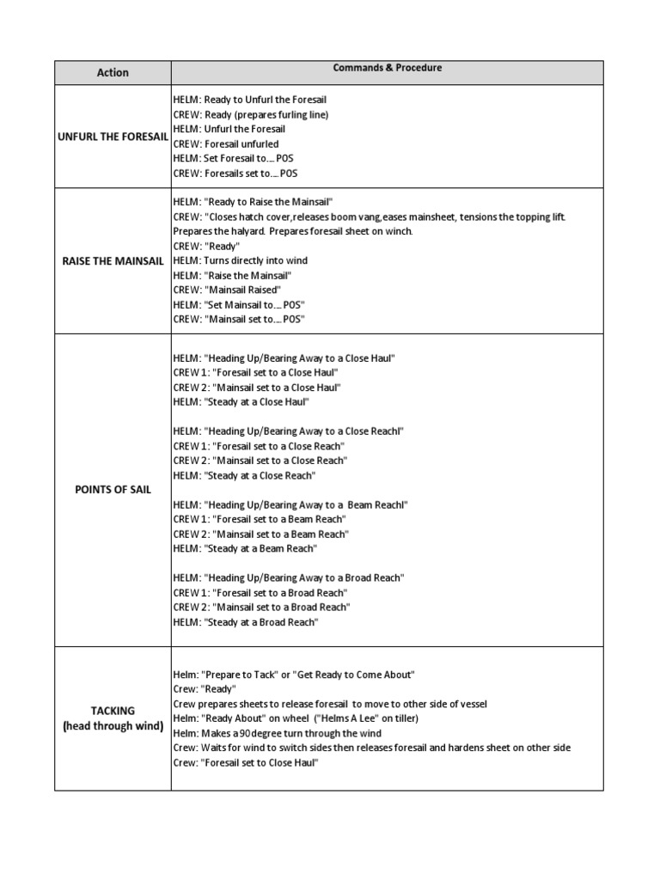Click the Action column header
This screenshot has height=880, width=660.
coord(113,73)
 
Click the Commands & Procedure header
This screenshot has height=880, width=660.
coord(388,68)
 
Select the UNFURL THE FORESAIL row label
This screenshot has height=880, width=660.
coord(113,137)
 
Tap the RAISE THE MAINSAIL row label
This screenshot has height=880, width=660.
coord(113,260)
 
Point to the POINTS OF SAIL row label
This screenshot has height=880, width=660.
coord(113,490)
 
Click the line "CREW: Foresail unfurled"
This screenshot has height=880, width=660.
coord(226,144)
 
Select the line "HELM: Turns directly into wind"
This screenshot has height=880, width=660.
coord(240,260)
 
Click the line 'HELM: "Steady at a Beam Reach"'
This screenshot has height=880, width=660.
coord(245,548)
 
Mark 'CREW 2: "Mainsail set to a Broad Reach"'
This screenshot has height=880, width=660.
coord(262,607)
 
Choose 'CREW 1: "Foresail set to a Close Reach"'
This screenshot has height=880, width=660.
coord(259,446)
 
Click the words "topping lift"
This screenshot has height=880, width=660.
coord(538,217)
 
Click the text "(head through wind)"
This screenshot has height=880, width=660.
coord(113,726)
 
